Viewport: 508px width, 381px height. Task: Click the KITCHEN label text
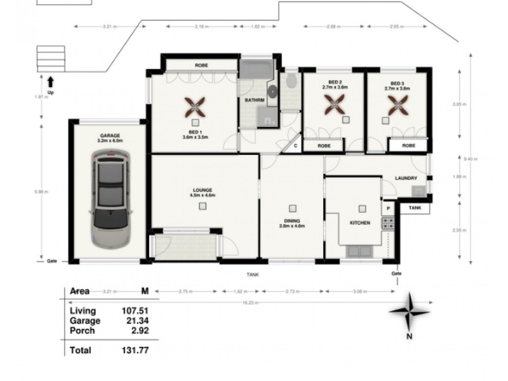[361, 224]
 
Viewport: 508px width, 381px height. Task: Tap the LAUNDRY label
[405, 178]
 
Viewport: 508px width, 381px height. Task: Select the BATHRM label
[254, 100]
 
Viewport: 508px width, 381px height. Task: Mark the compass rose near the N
[409, 311]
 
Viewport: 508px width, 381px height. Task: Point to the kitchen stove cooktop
[387, 224]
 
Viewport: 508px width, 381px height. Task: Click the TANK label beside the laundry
[415, 207]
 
